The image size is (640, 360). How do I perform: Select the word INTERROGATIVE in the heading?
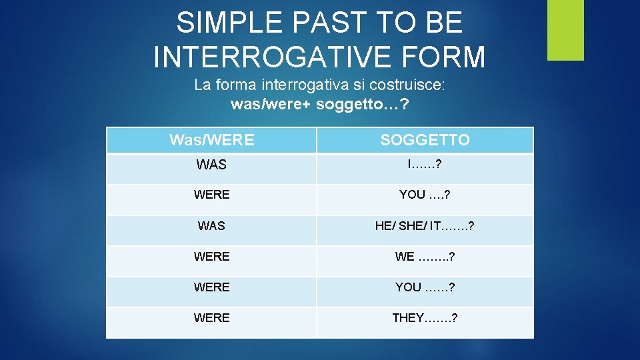point(275,57)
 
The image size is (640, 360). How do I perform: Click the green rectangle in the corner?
point(565,30)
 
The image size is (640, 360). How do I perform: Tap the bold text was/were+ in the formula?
point(271,105)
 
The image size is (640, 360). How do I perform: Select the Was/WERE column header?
point(211,140)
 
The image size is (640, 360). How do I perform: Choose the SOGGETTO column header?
point(425,140)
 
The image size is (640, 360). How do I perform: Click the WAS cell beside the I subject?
point(211,165)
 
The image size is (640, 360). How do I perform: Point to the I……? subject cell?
point(425,164)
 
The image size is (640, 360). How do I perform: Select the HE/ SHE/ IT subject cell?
point(425,226)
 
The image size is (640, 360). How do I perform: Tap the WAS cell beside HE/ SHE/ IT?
point(211,226)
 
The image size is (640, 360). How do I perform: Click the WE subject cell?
point(425,257)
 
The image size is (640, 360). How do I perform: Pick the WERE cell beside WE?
point(211,257)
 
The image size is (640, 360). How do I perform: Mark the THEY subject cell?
point(425,318)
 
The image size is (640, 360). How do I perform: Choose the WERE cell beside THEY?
point(211,318)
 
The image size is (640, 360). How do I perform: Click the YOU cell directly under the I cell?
point(425,195)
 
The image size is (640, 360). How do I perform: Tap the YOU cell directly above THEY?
point(425,287)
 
